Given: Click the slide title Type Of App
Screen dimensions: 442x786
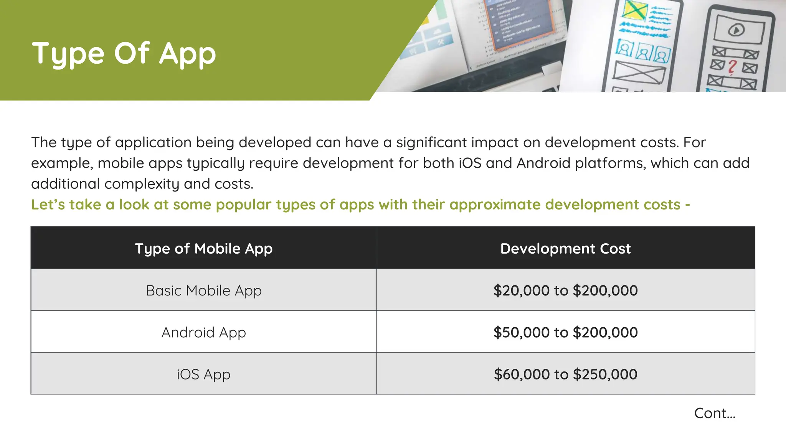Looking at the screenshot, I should (x=124, y=53).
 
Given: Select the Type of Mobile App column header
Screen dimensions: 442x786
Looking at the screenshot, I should (x=203, y=249).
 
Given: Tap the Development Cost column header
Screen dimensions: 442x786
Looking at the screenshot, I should (x=565, y=249).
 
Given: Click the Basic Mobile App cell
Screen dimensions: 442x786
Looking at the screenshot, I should (x=203, y=290).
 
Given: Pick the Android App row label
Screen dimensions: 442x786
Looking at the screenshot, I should (x=203, y=332).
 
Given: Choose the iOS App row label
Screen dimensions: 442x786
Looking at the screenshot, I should (x=203, y=374).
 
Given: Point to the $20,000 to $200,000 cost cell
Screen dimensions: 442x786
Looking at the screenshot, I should (x=565, y=290).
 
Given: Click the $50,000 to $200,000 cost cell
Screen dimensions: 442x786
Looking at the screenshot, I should (x=565, y=332).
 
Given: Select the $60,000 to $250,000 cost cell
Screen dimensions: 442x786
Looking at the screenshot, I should (x=565, y=374).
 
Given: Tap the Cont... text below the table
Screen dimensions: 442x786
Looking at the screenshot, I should (x=715, y=413).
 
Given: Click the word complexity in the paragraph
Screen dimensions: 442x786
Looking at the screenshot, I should (x=142, y=184).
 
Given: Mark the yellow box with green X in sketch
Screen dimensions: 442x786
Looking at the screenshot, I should (x=634, y=10).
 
